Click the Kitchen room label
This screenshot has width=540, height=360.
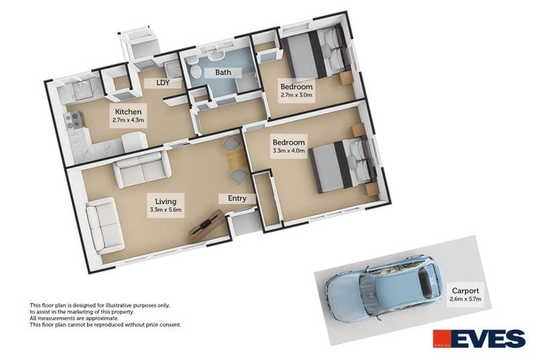[x=129, y=112]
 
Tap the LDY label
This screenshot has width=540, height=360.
[x=153, y=82]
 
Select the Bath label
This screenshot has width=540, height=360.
[x=223, y=72]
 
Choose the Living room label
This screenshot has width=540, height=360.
[x=166, y=201]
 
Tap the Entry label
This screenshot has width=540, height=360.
[x=237, y=198]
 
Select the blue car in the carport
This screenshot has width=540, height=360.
[x=383, y=289]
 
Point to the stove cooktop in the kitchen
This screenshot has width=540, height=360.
[x=74, y=120]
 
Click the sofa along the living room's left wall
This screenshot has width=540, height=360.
[x=104, y=226]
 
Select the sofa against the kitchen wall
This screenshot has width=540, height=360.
[x=143, y=169]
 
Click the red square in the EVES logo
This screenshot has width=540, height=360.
[x=442, y=338]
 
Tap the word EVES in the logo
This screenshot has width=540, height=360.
[x=489, y=339]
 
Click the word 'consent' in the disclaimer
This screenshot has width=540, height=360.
[x=169, y=325]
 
